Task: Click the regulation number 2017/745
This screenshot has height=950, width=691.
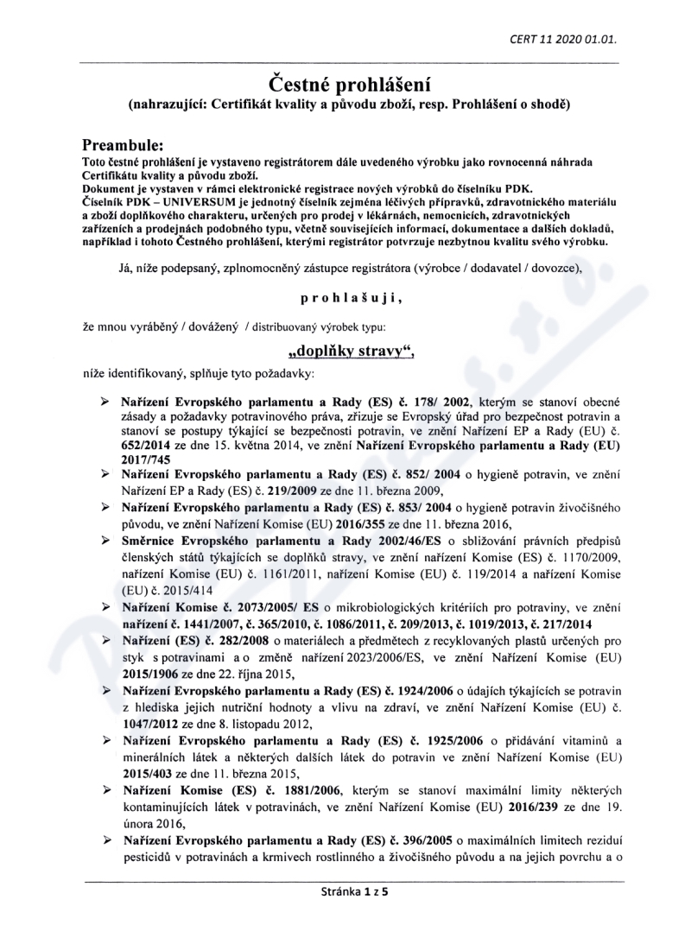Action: pos(149,459)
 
